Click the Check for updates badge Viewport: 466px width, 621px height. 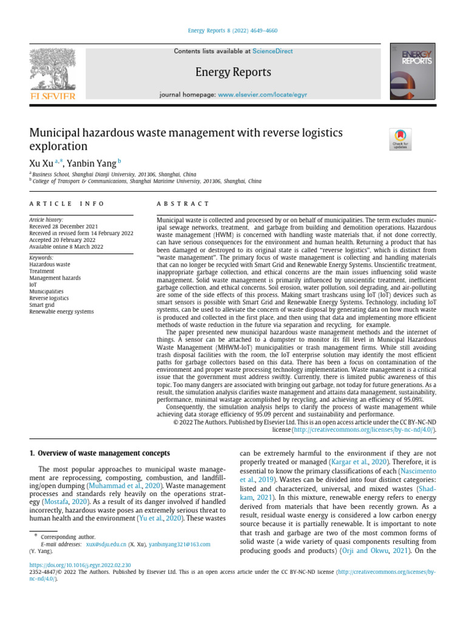point(400,139)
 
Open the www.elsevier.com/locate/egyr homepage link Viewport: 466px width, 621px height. point(261,95)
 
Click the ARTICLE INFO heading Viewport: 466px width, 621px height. point(67,204)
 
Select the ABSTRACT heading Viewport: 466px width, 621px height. point(183,204)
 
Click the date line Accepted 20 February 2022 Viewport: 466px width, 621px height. point(63,240)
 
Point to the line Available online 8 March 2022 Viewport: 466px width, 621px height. point(66,247)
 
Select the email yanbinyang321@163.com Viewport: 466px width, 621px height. point(180,545)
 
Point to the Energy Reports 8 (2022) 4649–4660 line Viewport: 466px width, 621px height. point(233,31)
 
